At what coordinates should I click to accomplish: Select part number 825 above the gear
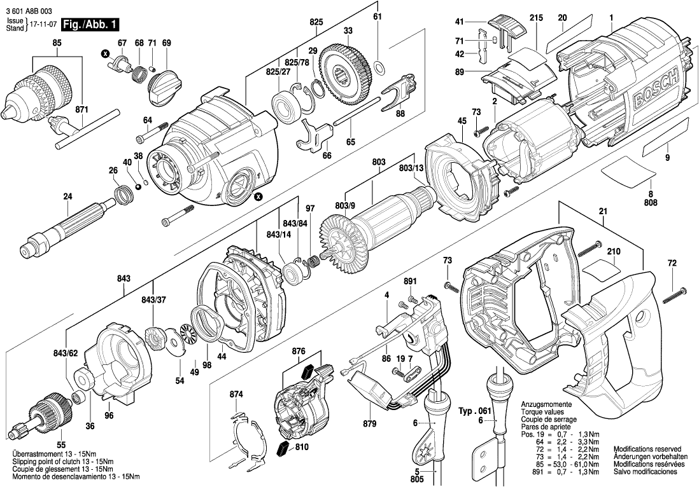click(x=316, y=22)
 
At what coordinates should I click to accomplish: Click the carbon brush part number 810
click(x=301, y=448)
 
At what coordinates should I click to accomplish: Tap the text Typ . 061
click(x=474, y=412)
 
